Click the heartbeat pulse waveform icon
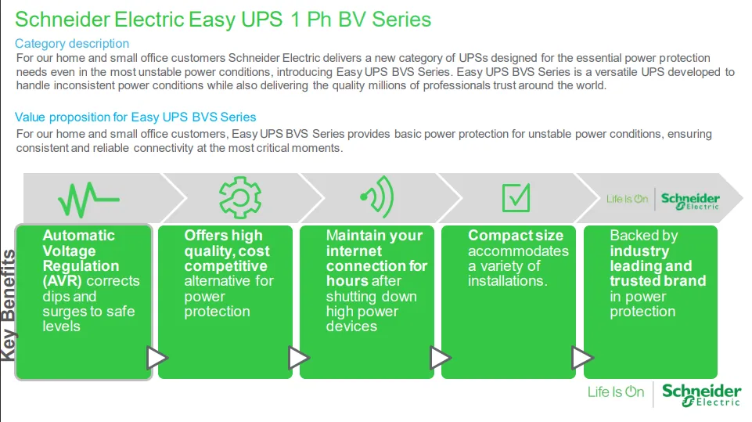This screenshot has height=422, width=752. click(88, 199)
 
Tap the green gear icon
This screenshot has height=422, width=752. click(239, 197)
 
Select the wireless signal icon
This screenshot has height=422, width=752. click(377, 197)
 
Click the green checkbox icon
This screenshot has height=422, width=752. click(516, 197)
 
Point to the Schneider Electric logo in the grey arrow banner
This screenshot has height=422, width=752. click(690, 200)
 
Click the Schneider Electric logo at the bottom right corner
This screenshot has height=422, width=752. click(701, 395)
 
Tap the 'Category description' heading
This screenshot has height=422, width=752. click(72, 44)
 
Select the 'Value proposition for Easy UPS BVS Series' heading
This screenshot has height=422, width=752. click(135, 117)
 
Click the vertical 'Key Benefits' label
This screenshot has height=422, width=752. click(8, 305)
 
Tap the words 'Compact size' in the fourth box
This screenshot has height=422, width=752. click(516, 235)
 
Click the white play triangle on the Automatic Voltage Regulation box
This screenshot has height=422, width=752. click(157, 358)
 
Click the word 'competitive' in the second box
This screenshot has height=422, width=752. click(225, 265)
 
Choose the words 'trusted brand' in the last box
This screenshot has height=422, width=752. click(657, 280)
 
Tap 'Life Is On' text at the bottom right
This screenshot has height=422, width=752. click(616, 392)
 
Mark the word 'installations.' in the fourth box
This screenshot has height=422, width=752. click(507, 280)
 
